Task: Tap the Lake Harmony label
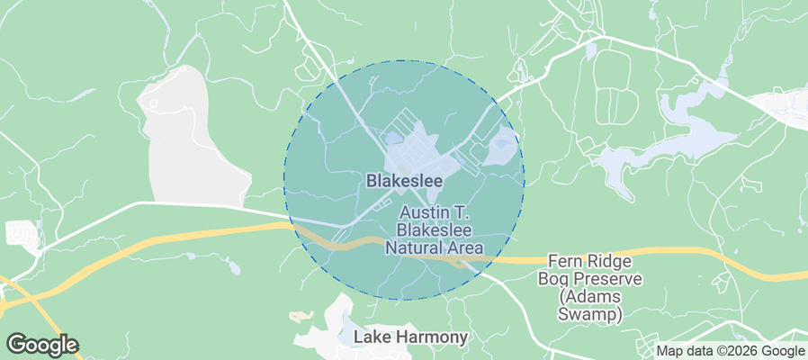411,338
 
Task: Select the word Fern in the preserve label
564,260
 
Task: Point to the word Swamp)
590,315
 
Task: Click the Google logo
42,344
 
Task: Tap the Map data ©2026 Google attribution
730,351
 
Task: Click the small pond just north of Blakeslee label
393,139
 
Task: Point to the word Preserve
608,278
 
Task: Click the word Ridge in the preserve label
611,260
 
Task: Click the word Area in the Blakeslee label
465,247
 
